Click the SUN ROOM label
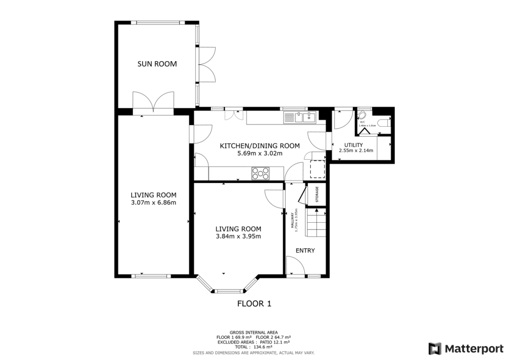tap(157, 64)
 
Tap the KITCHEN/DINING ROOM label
tap(260, 146)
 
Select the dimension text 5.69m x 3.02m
tap(260, 153)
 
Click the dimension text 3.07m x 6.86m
tap(153, 202)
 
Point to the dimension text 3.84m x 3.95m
tap(238, 236)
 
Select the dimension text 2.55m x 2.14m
tap(356, 151)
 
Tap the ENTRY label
tap(305, 251)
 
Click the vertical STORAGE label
tap(317, 194)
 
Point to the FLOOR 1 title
tap(254, 303)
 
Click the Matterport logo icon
tap(435, 348)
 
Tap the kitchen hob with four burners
tap(261, 174)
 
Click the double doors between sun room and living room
tap(154, 102)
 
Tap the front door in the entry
tap(296, 269)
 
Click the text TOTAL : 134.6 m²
tap(254, 347)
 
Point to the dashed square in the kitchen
tap(317, 169)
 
